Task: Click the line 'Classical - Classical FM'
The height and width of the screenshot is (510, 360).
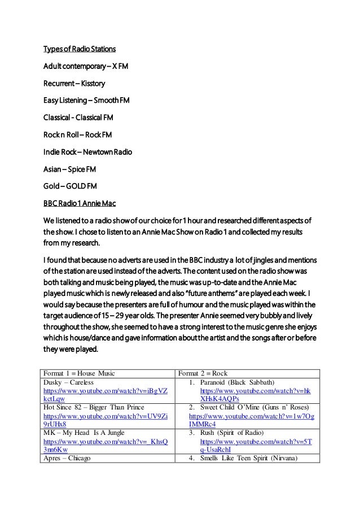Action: pyautogui.click(x=83, y=119)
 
